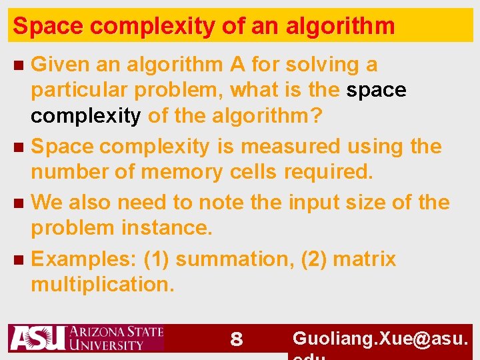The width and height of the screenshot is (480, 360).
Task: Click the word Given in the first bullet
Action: [61, 65]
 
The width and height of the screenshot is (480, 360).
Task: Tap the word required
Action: [328, 172]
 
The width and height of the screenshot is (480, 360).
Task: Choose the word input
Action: [313, 202]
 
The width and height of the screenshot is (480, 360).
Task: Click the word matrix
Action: [364, 259]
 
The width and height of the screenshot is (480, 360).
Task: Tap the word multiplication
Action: [103, 285]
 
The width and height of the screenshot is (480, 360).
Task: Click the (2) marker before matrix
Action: [313, 259]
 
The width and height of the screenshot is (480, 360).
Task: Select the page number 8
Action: [235, 340]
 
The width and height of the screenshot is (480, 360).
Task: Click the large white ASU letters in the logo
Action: [37, 338]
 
